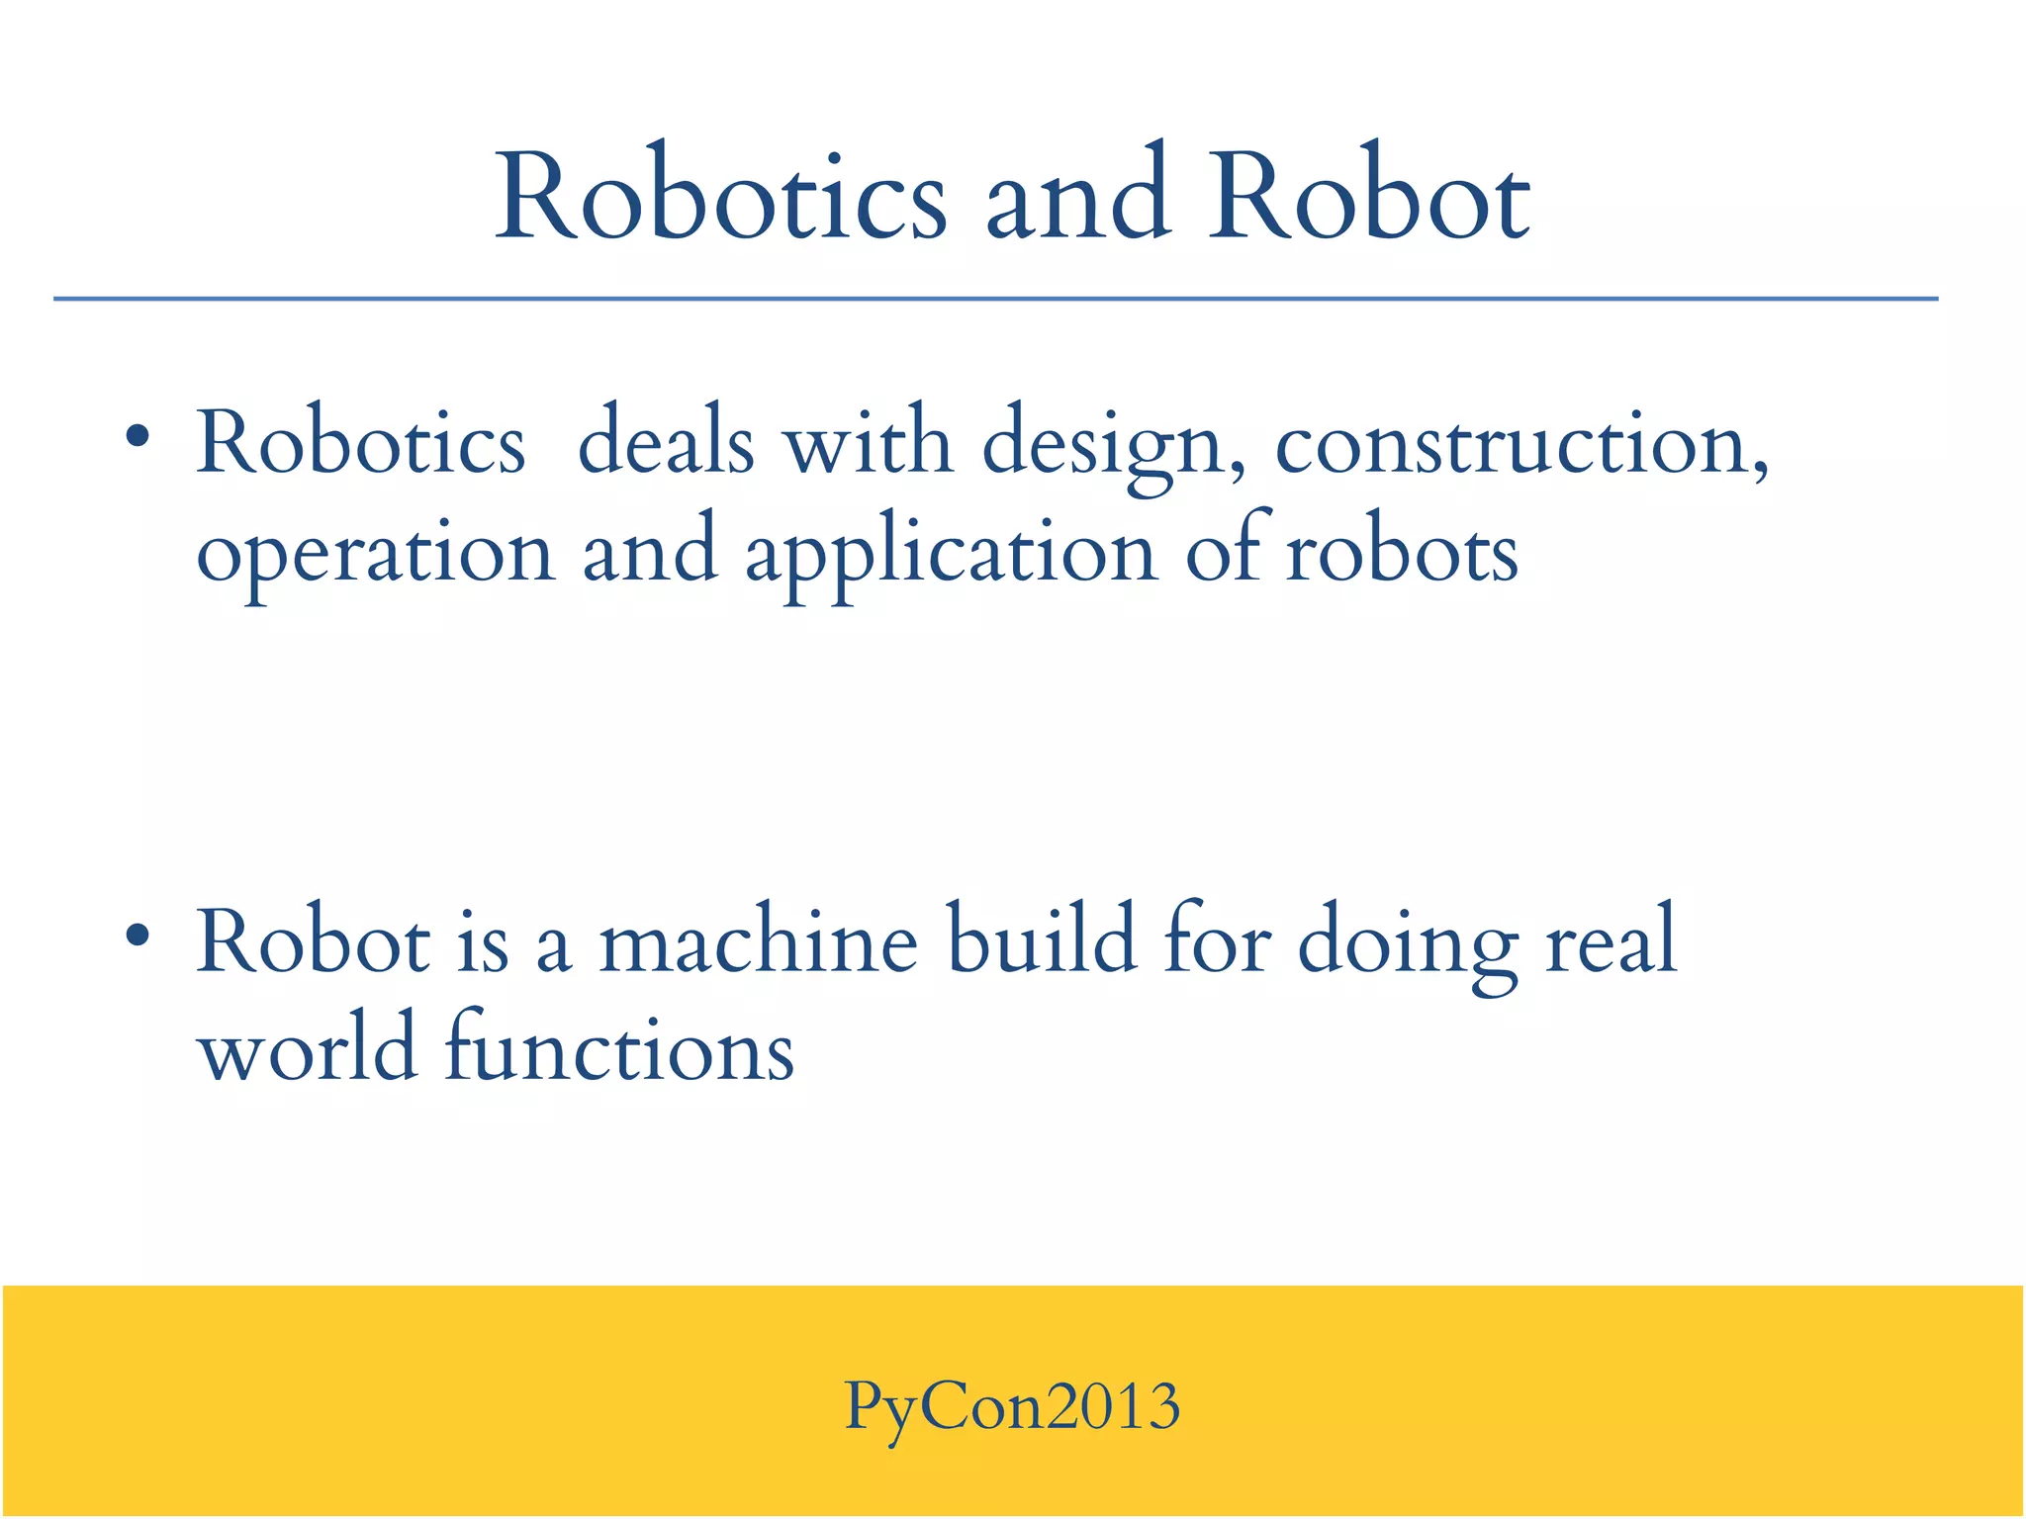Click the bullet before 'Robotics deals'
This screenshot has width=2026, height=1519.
click(138, 436)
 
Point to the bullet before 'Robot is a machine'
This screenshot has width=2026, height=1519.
click(138, 935)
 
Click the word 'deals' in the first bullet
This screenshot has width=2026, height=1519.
click(666, 442)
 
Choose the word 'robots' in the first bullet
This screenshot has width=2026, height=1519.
click(1401, 552)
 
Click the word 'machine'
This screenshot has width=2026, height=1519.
click(759, 941)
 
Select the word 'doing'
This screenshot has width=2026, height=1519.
click(1408, 944)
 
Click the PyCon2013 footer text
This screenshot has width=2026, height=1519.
click(1012, 1406)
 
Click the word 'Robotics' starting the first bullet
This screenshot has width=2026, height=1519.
click(360, 442)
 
